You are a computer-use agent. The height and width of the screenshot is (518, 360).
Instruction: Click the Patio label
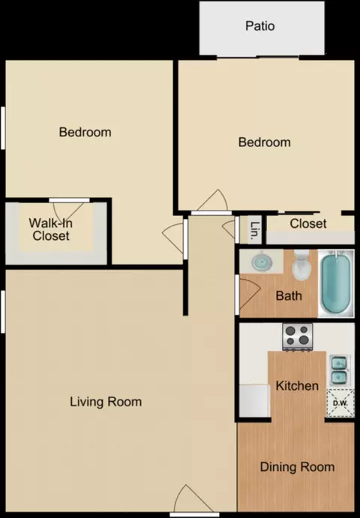click(259, 25)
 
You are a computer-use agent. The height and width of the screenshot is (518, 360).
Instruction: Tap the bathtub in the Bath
click(336, 284)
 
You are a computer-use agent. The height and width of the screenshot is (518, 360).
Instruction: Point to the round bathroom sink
click(262, 262)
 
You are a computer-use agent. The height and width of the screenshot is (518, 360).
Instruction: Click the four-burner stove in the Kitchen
click(298, 337)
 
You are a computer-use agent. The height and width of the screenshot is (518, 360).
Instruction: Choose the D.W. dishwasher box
click(340, 403)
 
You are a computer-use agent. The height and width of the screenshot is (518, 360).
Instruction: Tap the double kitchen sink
click(339, 370)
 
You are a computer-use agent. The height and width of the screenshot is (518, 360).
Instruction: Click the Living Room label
click(106, 402)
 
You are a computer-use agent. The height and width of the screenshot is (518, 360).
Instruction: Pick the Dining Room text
click(297, 467)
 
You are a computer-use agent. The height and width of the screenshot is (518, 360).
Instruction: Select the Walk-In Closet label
click(50, 229)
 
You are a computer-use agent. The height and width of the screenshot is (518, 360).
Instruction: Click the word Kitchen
click(297, 385)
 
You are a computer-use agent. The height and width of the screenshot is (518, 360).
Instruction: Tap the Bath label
click(289, 295)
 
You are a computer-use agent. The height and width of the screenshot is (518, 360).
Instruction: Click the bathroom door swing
click(247, 294)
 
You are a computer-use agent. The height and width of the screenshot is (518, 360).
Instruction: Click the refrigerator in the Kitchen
click(254, 400)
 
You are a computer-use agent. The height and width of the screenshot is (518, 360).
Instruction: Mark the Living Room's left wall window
click(3, 312)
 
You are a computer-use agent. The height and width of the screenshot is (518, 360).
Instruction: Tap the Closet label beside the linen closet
click(308, 223)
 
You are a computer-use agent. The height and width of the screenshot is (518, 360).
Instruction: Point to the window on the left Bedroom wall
click(3, 128)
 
